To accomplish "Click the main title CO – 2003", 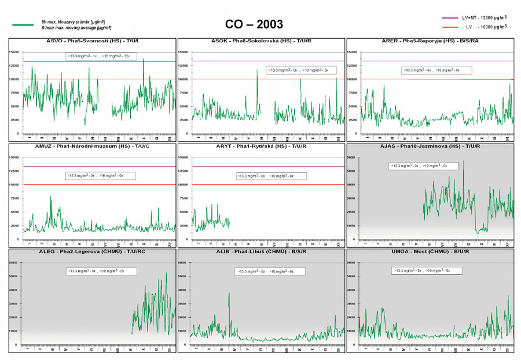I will pyautogui.click(x=254, y=24).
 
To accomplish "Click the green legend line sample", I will pyautogui.click(x=23, y=24).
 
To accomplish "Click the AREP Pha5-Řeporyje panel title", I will pyautogui.click(x=430, y=41).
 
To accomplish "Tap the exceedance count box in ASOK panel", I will pyautogui.click(x=298, y=70).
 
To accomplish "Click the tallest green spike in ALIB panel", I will pyautogui.click(x=229, y=293).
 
